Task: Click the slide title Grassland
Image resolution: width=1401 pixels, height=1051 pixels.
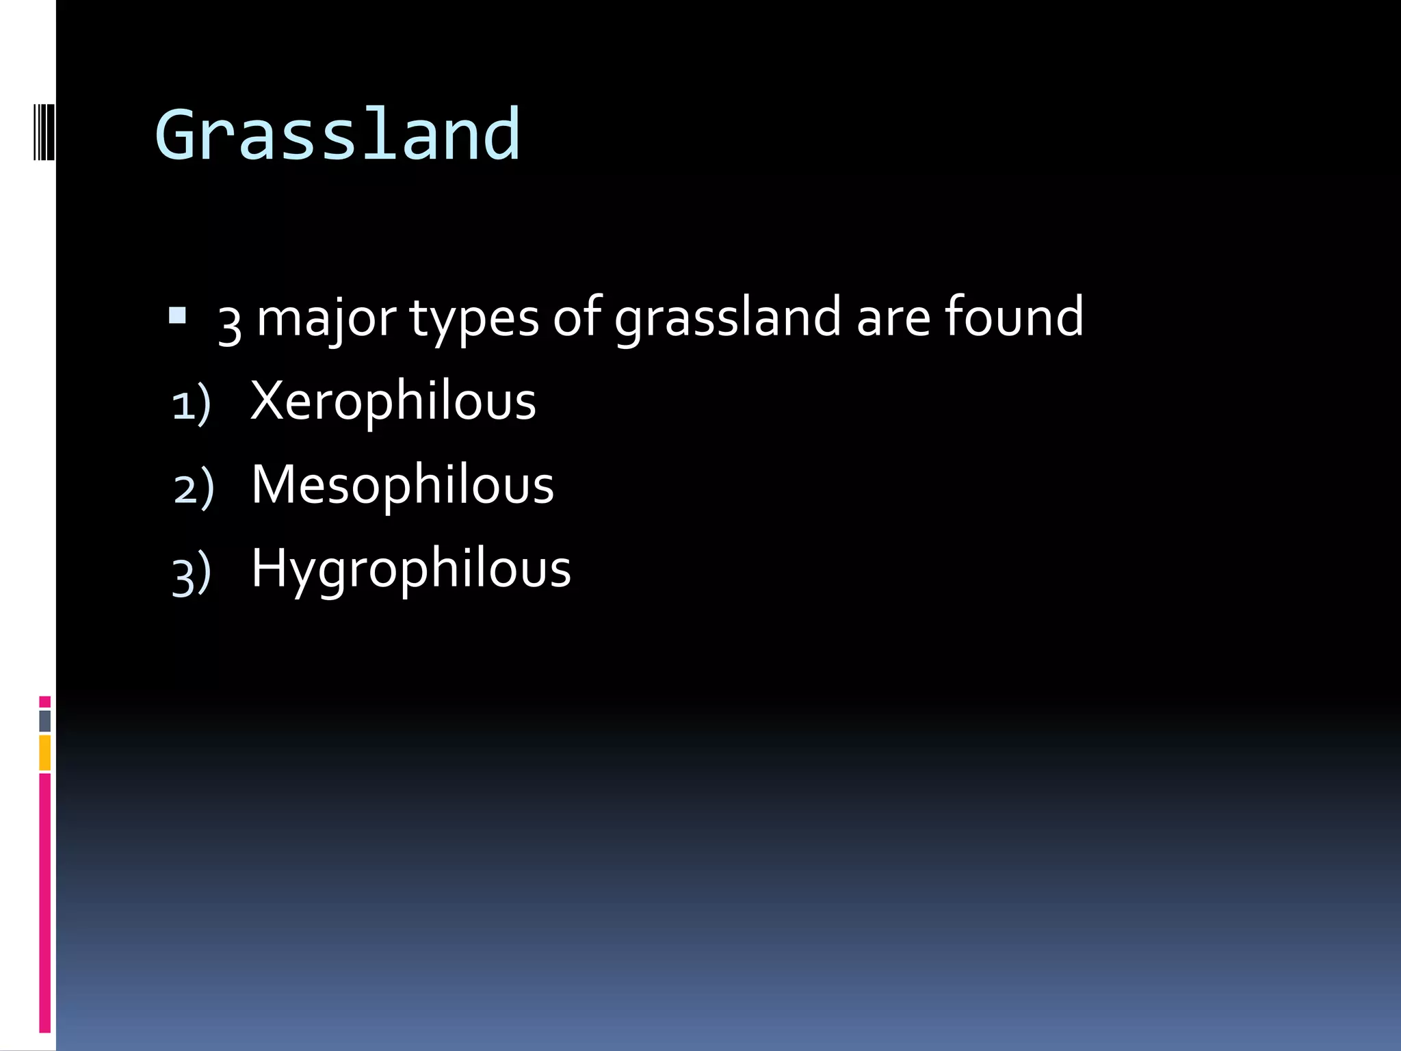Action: (338, 135)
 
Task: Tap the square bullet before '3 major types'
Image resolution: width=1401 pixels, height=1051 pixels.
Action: (177, 315)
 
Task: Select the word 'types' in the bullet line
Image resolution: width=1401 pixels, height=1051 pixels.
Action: (474, 320)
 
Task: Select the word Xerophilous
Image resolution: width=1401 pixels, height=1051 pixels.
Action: (393, 402)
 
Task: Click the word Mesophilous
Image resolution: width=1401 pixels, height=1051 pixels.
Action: (402, 485)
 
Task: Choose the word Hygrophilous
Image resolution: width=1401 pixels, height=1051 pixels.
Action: (410, 570)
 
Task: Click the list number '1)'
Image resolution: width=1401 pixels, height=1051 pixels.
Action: (191, 406)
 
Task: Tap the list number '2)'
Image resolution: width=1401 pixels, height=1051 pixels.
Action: (194, 489)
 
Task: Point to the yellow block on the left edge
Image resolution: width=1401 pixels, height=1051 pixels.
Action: (44, 753)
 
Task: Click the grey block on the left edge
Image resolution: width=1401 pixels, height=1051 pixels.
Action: (44, 721)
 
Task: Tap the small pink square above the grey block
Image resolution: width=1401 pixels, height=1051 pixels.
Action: (44, 701)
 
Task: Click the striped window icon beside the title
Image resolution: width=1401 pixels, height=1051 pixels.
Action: (43, 129)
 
